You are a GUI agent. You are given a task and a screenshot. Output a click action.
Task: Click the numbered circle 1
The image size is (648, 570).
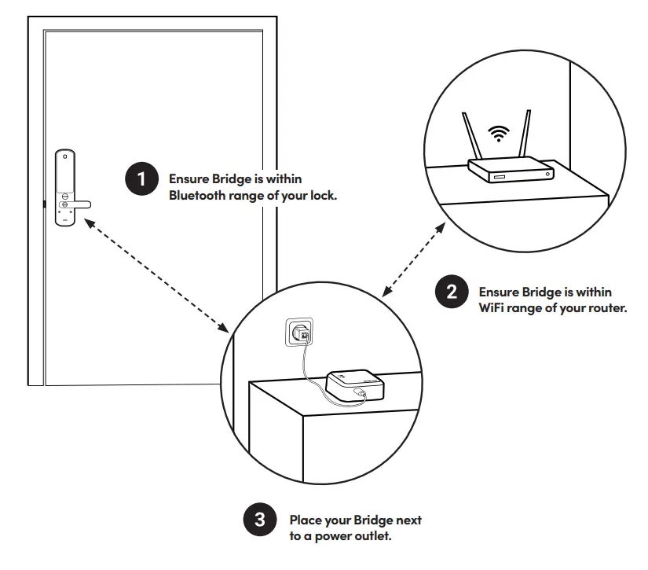point(141,178)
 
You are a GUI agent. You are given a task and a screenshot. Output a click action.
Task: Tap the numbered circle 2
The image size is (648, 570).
point(451,292)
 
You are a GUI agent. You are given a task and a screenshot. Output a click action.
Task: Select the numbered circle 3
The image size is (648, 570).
point(259,520)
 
